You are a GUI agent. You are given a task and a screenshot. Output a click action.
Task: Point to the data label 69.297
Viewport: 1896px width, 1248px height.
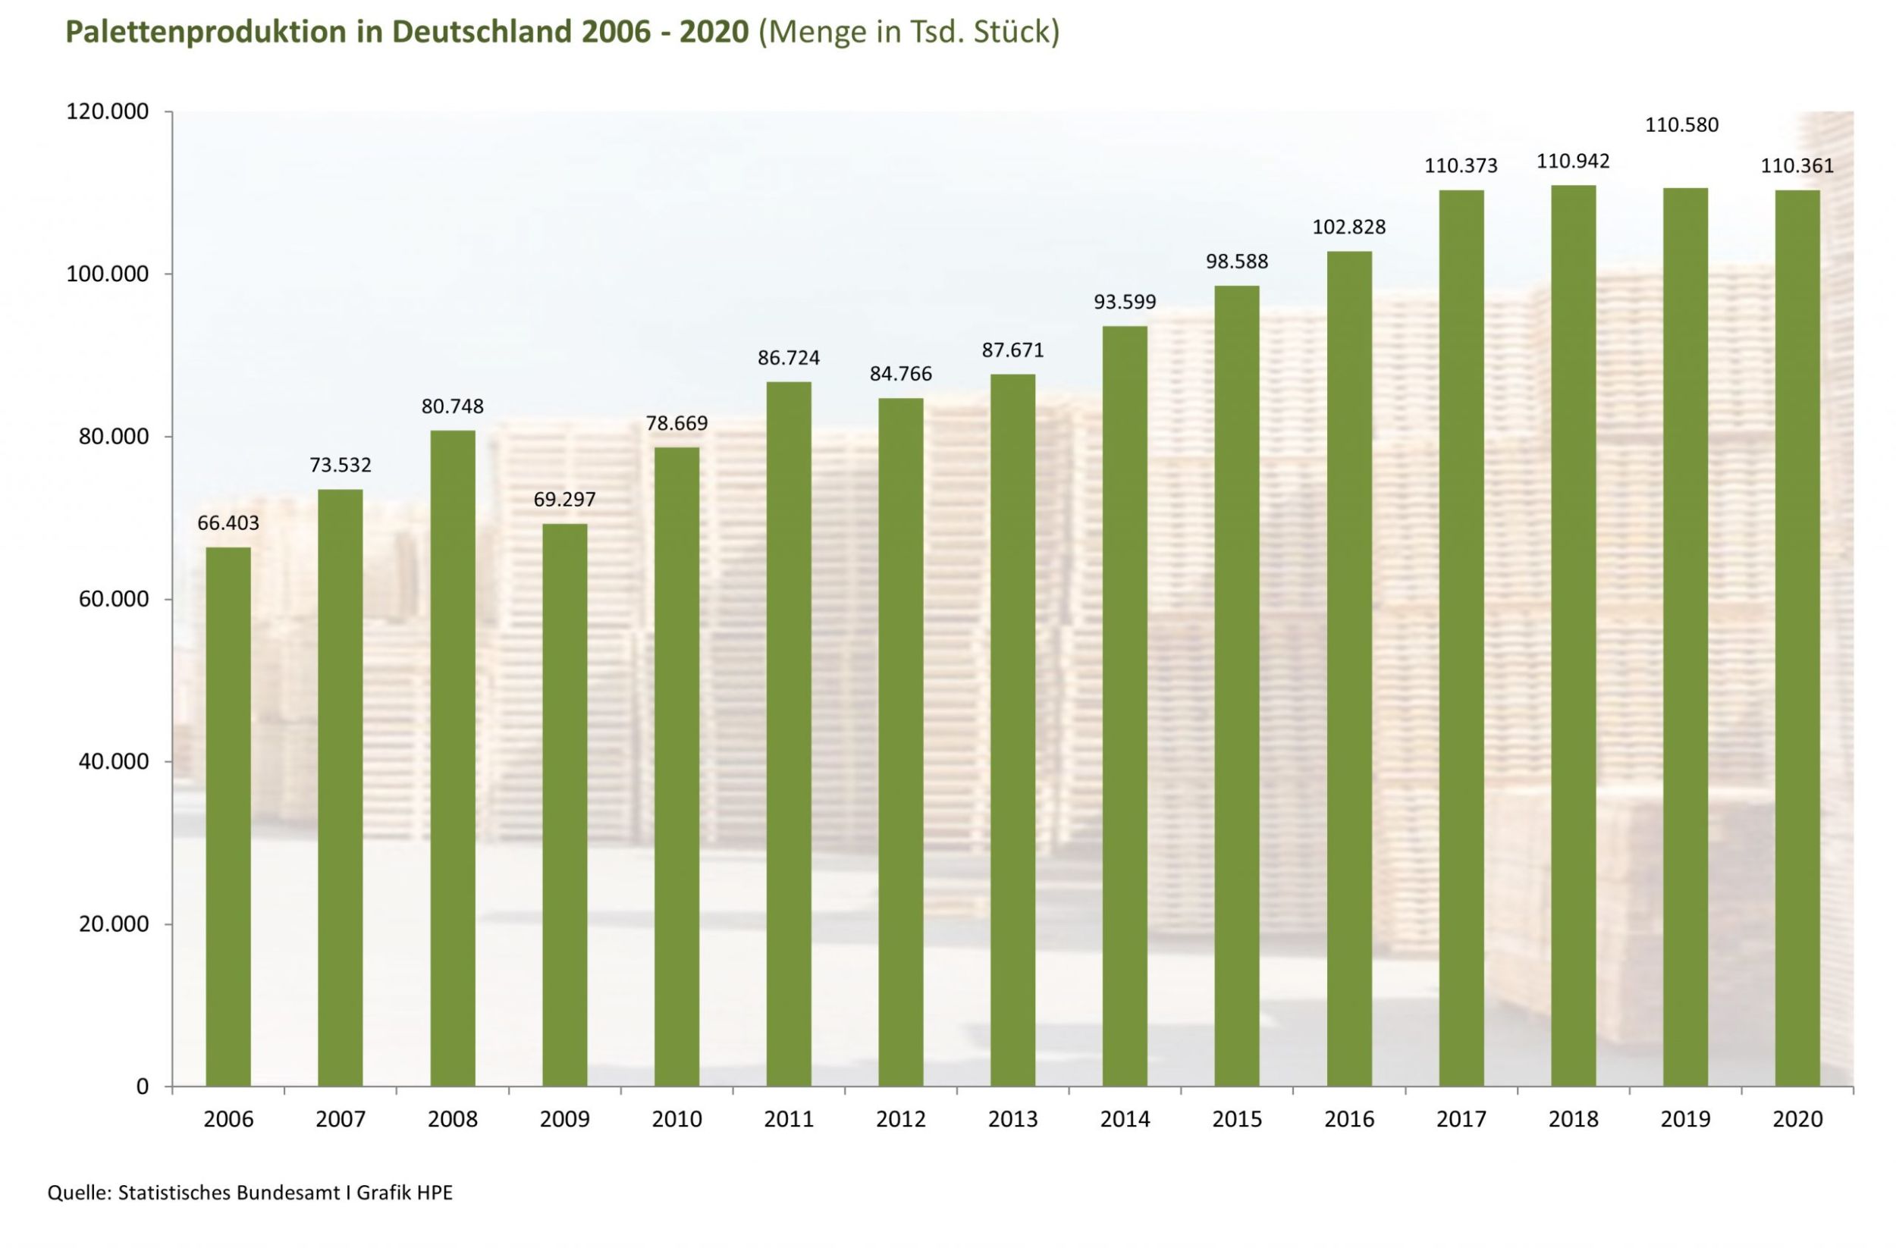[564, 500]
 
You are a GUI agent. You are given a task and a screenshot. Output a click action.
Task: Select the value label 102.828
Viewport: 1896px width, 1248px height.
[1348, 227]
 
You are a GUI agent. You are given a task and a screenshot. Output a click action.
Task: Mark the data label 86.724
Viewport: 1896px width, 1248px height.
[788, 359]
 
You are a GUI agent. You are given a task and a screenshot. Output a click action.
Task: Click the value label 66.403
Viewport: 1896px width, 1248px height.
[228, 523]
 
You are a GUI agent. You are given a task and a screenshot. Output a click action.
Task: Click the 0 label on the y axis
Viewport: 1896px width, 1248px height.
[143, 1087]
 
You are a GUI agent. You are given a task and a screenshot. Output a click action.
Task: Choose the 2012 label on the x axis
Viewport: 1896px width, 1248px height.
[900, 1120]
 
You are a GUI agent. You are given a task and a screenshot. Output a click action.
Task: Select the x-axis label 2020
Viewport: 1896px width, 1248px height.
[1797, 1120]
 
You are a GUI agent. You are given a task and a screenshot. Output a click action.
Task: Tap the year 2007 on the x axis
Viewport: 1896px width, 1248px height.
[341, 1120]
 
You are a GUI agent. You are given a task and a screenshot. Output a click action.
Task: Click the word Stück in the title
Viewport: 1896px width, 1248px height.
[1013, 32]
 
